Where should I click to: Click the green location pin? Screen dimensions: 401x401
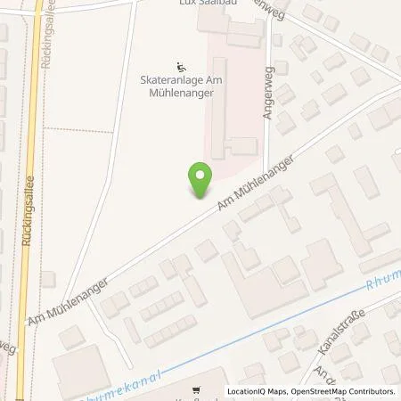(x=200, y=181)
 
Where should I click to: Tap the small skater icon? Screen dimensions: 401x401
(x=182, y=65)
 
